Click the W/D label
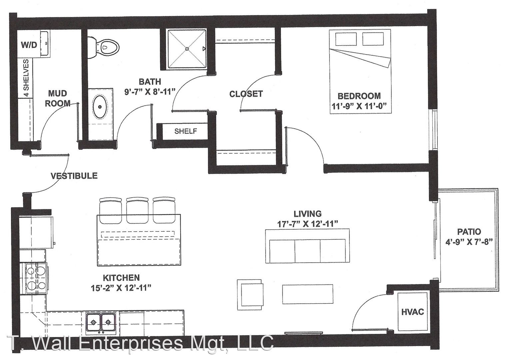coord(29,45)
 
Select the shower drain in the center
coord(187,49)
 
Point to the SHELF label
coord(186,131)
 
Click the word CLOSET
coord(246,94)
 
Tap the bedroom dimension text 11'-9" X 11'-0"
coord(359,106)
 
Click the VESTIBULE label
coord(74,176)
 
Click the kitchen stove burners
coord(36,278)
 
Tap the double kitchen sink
coord(101,322)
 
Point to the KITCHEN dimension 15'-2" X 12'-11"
coord(121,288)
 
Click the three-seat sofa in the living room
coord(307,246)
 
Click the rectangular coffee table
coord(308,294)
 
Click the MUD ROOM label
coord(58,98)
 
